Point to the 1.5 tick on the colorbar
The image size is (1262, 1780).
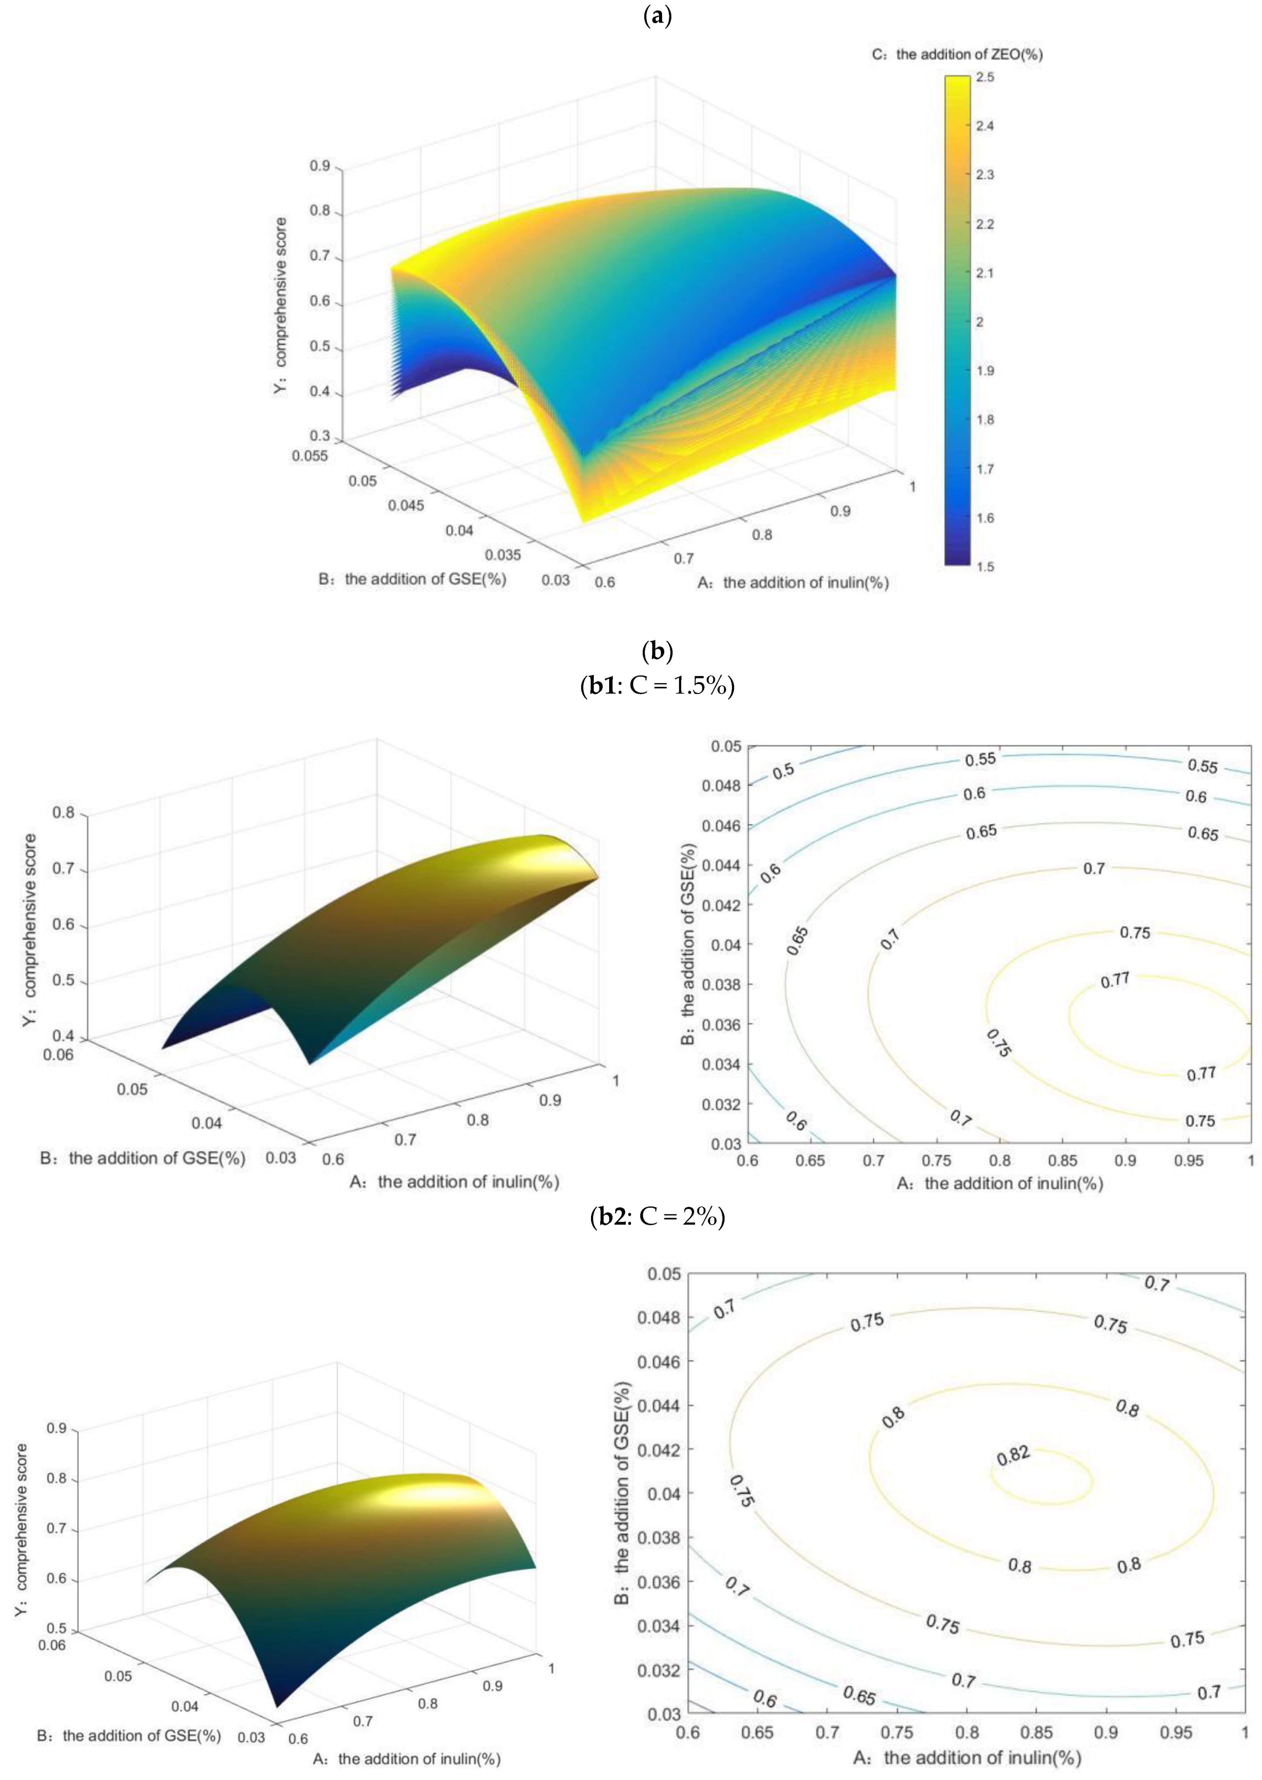pos(985,566)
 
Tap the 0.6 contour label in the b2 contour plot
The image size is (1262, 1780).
pos(765,1699)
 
